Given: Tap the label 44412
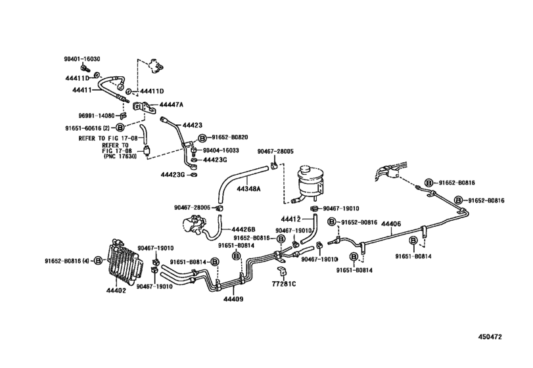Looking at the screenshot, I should tap(290, 218).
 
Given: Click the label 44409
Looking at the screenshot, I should tap(232, 299).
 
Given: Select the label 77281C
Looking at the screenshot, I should tap(285, 284).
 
